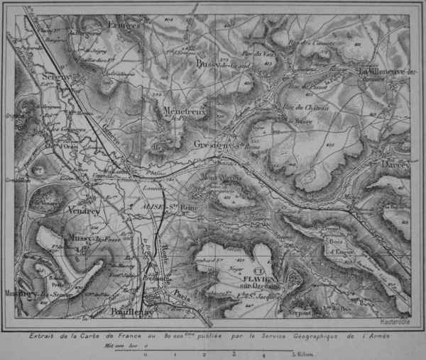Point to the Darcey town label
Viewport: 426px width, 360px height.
pyautogui.click(x=393, y=164)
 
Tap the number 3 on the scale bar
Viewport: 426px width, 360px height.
pyautogui.click(x=233, y=351)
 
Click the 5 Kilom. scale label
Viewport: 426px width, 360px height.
pyautogui.click(x=299, y=351)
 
